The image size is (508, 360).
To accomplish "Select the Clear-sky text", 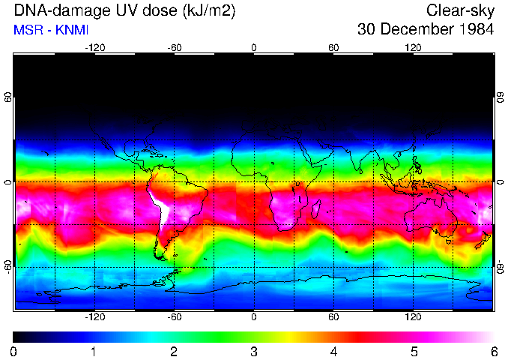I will [x=460, y=11].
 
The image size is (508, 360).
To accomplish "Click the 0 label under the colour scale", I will [x=13, y=352].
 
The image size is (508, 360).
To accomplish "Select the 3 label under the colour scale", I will [x=254, y=352].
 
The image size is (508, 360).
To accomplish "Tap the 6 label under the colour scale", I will [x=494, y=352].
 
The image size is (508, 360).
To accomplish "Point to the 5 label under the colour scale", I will [x=414, y=352].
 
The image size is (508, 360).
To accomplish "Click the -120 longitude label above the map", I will [x=94, y=47].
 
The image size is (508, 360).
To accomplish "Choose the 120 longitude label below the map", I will [x=414, y=316].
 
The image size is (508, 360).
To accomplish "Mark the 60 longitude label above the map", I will [x=333, y=47].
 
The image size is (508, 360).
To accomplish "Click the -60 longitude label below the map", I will [x=174, y=316].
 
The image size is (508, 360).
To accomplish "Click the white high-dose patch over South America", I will [x=161, y=206].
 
